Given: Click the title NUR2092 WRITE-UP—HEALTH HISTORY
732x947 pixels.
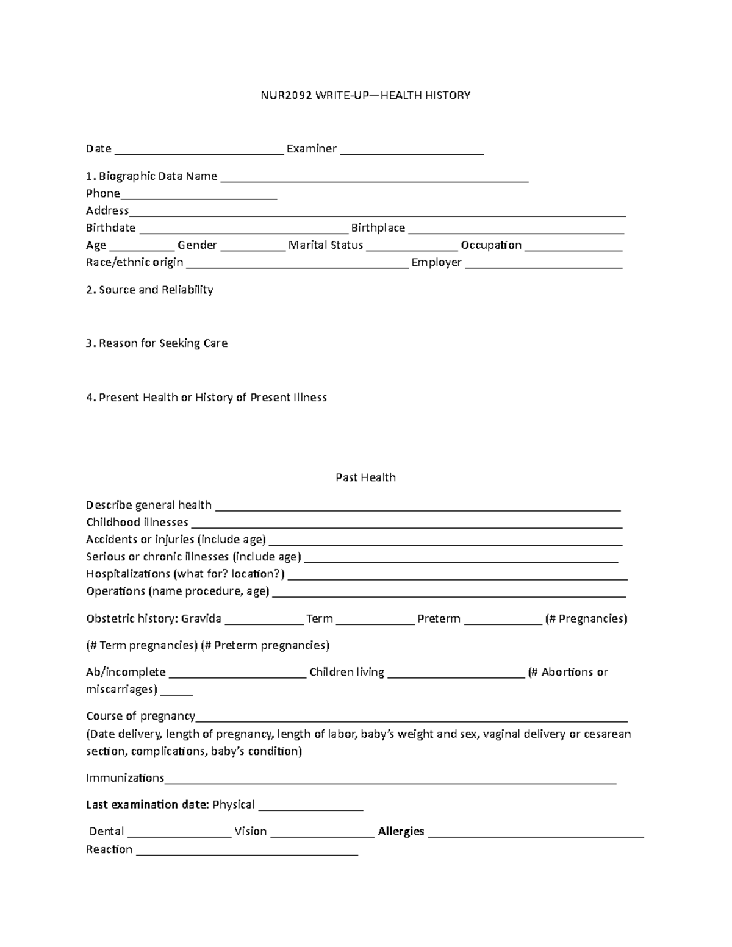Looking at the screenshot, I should pos(365,95).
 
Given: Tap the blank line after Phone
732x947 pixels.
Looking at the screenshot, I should pos(199,196).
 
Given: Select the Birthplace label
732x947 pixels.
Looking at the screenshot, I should pos(378,227).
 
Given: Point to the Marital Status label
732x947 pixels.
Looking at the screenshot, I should pos(326,245).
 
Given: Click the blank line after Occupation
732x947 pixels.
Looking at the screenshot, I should pos(573,247).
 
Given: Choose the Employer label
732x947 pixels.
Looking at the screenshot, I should pos(436,262).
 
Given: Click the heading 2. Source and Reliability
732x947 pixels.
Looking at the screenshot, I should pos(149,290).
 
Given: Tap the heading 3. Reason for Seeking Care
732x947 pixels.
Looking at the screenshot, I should pos(157,343).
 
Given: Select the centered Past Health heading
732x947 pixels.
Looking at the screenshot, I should pos(365,477).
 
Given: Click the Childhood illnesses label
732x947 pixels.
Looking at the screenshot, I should pos(137,522).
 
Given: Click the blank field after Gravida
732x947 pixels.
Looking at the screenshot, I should pos(264,621).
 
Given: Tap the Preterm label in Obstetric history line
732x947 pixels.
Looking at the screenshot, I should pos(439,619).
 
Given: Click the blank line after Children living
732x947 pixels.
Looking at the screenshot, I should pos(456,674).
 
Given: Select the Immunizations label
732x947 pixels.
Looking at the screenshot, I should pos(125,778).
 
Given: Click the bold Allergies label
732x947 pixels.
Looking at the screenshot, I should pos(401,831).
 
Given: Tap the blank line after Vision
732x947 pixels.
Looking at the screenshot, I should pos(322,834).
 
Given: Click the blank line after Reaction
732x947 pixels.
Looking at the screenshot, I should pos(247,852).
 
